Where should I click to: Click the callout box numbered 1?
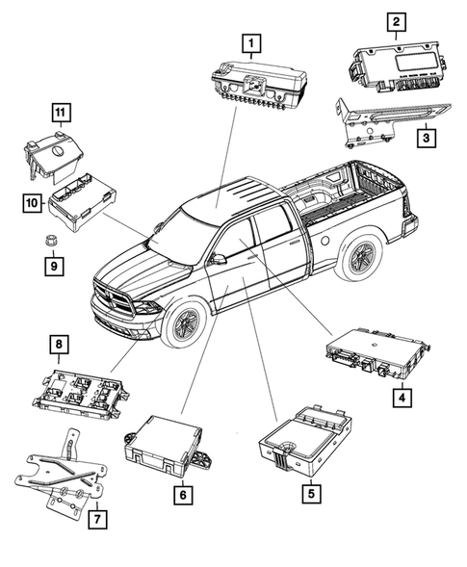[x=251, y=42]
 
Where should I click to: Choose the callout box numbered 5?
[x=310, y=496]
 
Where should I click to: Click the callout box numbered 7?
[x=95, y=520]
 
